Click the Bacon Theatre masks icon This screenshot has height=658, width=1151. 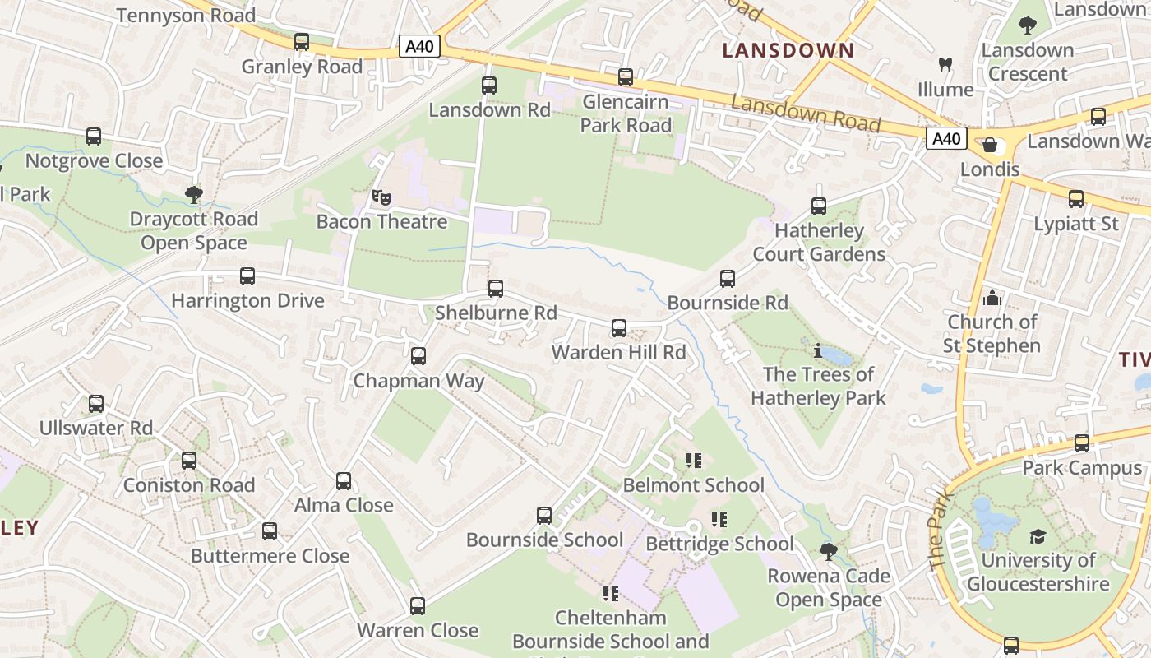[380, 197]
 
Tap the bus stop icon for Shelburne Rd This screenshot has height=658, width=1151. [495, 289]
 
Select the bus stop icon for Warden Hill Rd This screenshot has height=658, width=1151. [619, 328]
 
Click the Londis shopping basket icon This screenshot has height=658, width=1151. [990, 145]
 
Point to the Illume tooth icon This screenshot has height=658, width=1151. [945, 64]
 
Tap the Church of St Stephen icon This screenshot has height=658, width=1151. [992, 297]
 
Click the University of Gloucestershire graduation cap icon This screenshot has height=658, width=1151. [1038, 536]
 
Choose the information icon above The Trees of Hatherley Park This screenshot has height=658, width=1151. [817, 350]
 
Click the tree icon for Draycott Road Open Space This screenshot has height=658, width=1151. [194, 195]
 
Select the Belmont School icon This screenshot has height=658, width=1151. [694, 461]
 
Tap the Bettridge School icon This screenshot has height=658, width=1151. [719, 520]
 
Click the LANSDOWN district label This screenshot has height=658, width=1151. [788, 50]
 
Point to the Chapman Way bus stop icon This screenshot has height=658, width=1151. [418, 356]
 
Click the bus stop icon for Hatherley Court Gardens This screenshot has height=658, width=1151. [819, 206]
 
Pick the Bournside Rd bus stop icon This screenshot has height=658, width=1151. [728, 279]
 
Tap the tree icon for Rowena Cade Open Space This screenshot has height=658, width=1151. [829, 551]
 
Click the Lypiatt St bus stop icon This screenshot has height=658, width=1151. [1076, 199]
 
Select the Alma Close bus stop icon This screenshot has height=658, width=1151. [344, 481]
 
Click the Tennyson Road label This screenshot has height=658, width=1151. [186, 15]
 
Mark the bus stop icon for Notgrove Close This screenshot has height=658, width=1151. [94, 137]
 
